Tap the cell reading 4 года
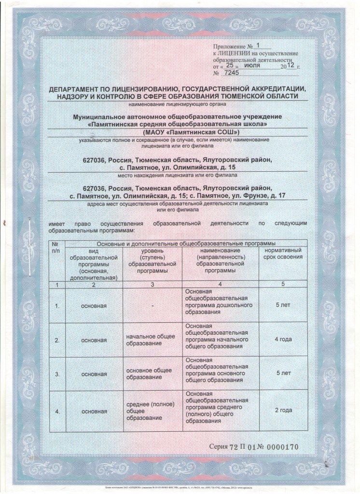coord(283,340)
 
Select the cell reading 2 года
coord(283,411)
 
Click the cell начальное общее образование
coord(150,340)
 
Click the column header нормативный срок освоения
coord(283,254)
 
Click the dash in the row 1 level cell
coord(152,305)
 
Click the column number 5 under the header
coord(283,285)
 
